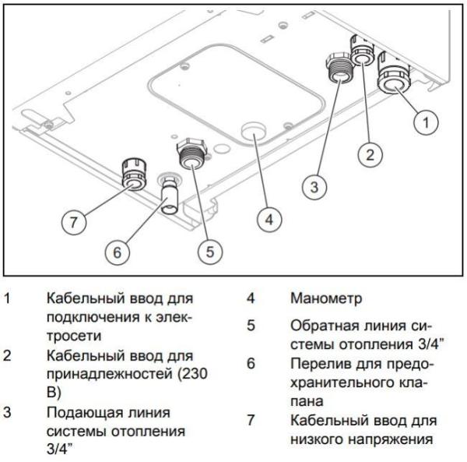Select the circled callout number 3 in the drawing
point(312,187)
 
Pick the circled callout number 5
point(210,251)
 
